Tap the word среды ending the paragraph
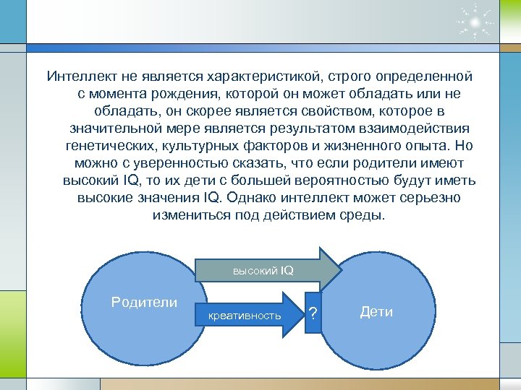point(368,215)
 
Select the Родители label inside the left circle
point(144,302)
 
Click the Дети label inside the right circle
point(376,312)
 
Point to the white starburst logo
point(475,22)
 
